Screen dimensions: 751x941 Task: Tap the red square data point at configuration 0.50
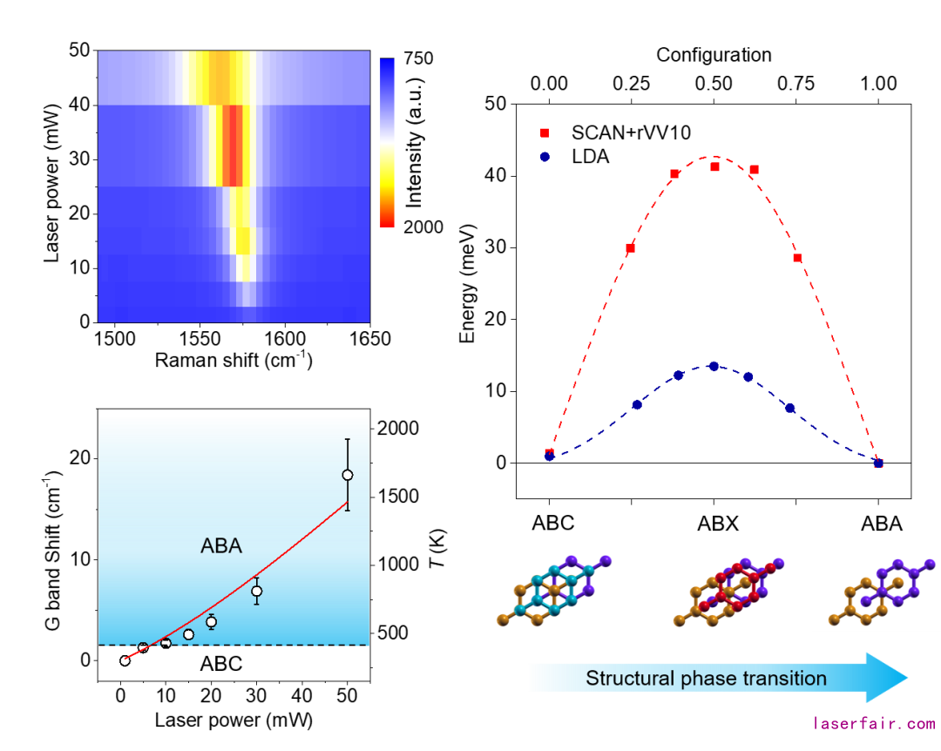pyautogui.click(x=714, y=166)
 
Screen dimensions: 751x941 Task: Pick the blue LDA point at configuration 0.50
pyautogui.click(x=714, y=366)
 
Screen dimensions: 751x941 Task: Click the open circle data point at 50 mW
pyautogui.click(x=348, y=475)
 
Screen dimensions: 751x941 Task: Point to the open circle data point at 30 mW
pyautogui.click(x=257, y=592)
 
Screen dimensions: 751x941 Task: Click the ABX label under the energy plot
pyautogui.click(x=717, y=524)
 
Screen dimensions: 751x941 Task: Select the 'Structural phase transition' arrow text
pyautogui.click(x=706, y=678)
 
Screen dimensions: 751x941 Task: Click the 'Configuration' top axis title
pyautogui.click(x=714, y=55)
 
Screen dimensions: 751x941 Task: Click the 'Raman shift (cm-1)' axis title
pyautogui.click(x=234, y=361)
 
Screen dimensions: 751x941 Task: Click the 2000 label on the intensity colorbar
pyautogui.click(x=423, y=227)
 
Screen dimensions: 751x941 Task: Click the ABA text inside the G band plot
pyautogui.click(x=220, y=546)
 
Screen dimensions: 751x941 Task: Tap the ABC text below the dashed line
pyautogui.click(x=220, y=665)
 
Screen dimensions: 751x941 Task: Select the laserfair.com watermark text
pyautogui.click(x=873, y=723)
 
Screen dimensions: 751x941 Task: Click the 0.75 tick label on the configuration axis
pyautogui.click(x=795, y=83)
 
